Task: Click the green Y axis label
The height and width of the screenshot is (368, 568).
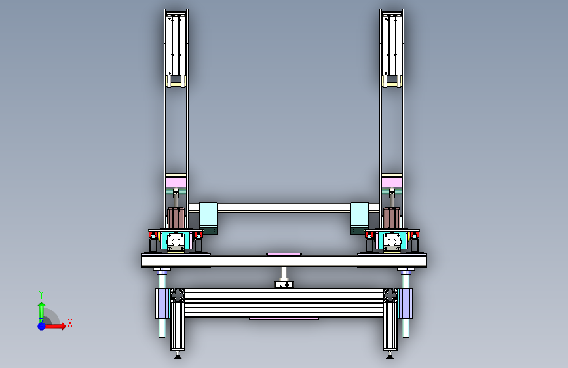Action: click(x=41, y=294)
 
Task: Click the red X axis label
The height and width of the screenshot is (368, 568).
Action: click(x=70, y=323)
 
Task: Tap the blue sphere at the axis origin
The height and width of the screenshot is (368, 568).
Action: click(x=42, y=326)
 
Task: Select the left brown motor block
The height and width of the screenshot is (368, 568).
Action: click(x=176, y=217)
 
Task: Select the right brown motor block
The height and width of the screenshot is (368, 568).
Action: click(x=392, y=217)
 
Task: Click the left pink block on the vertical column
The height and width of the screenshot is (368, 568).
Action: click(x=176, y=180)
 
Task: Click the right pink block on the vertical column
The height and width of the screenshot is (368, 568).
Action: click(x=392, y=180)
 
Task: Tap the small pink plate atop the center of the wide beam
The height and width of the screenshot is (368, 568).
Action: click(x=284, y=254)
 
